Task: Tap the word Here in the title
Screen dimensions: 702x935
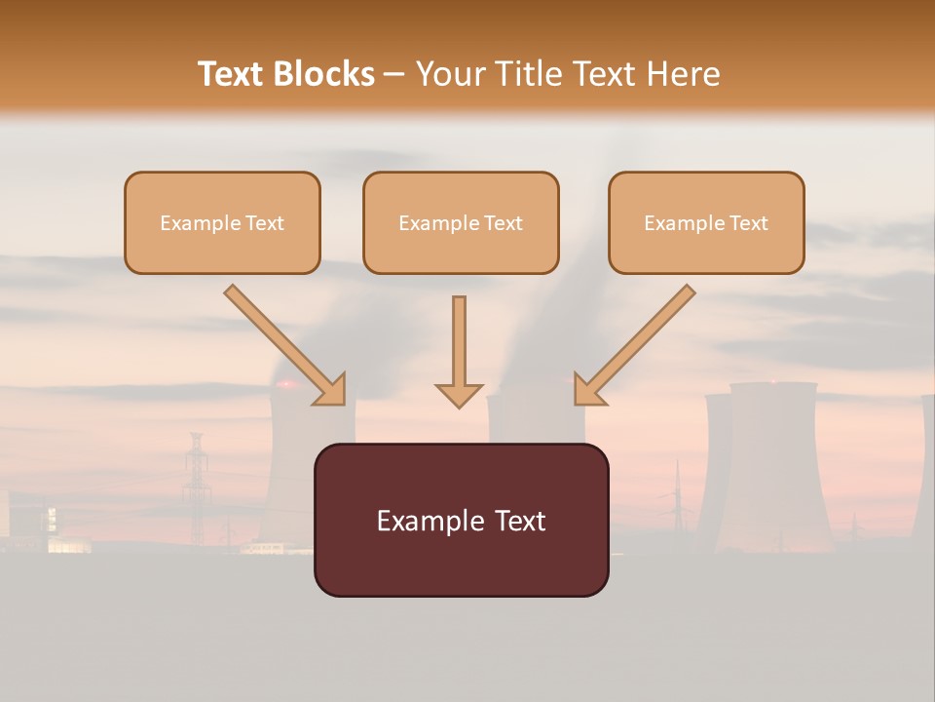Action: point(683,74)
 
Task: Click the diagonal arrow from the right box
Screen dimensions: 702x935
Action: point(634,346)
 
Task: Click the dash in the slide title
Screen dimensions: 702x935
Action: point(394,75)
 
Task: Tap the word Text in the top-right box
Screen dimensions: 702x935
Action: point(748,223)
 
